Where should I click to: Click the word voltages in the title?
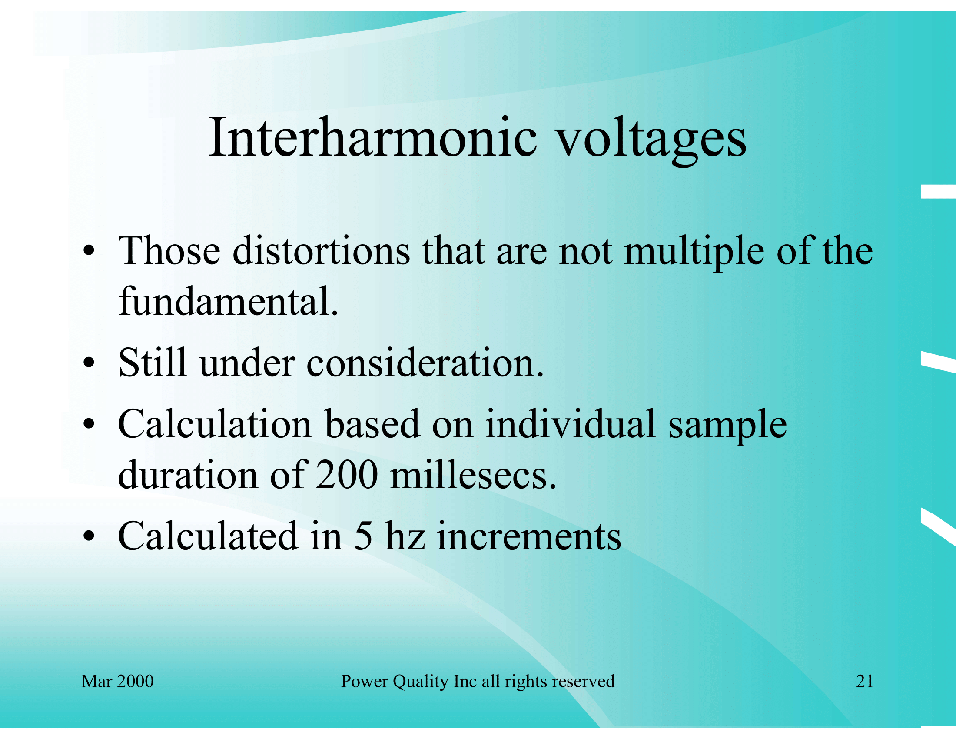pos(651,141)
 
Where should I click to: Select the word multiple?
pos(694,253)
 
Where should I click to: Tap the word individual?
pos(571,423)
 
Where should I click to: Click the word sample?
pos(727,426)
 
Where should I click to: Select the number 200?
pos(347,475)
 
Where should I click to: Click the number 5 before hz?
pos(363,536)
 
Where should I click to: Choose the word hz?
pos(405,536)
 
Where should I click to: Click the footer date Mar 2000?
pos(117,681)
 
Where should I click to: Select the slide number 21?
pos(864,681)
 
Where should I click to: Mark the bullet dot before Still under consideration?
pos(89,363)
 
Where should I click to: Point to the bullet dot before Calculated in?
pos(89,536)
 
